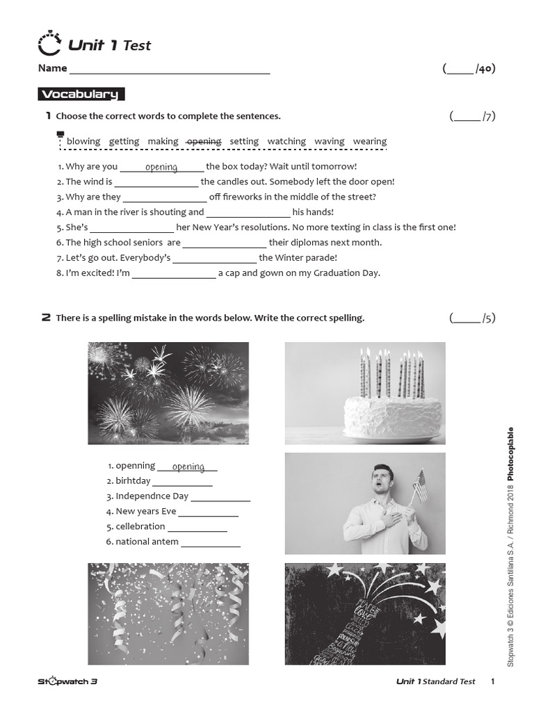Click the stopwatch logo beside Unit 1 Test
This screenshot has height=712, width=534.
click(49, 43)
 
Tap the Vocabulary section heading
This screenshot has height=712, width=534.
click(81, 94)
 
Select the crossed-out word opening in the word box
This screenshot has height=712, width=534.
click(204, 141)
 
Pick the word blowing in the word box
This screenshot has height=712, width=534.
click(83, 141)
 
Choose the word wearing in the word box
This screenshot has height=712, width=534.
click(370, 141)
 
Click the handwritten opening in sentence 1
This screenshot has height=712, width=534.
click(161, 167)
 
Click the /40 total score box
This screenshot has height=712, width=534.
click(469, 69)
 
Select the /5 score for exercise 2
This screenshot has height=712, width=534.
click(472, 318)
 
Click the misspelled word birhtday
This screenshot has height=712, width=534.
click(133, 481)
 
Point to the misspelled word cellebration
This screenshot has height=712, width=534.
click(140, 526)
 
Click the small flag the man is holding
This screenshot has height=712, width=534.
click(421, 485)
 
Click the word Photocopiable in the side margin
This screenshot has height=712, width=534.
click(511, 454)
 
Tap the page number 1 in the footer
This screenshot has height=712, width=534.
click(493, 681)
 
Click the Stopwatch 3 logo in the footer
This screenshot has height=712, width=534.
click(67, 681)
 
